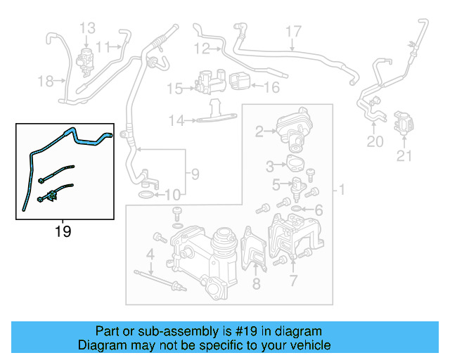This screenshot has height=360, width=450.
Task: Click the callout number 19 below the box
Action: point(63,231)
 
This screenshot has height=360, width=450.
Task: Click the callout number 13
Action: point(87,29)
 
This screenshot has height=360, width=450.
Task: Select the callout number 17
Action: point(293,31)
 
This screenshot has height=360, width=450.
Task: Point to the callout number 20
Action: point(375,142)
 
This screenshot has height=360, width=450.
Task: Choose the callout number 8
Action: point(256,284)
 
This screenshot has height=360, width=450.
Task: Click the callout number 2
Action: point(259,131)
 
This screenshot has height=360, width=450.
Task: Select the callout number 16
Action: point(271,88)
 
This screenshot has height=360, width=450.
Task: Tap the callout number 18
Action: point(46,82)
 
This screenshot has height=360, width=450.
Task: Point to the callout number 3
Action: point(270,166)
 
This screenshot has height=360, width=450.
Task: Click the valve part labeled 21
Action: point(404,122)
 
